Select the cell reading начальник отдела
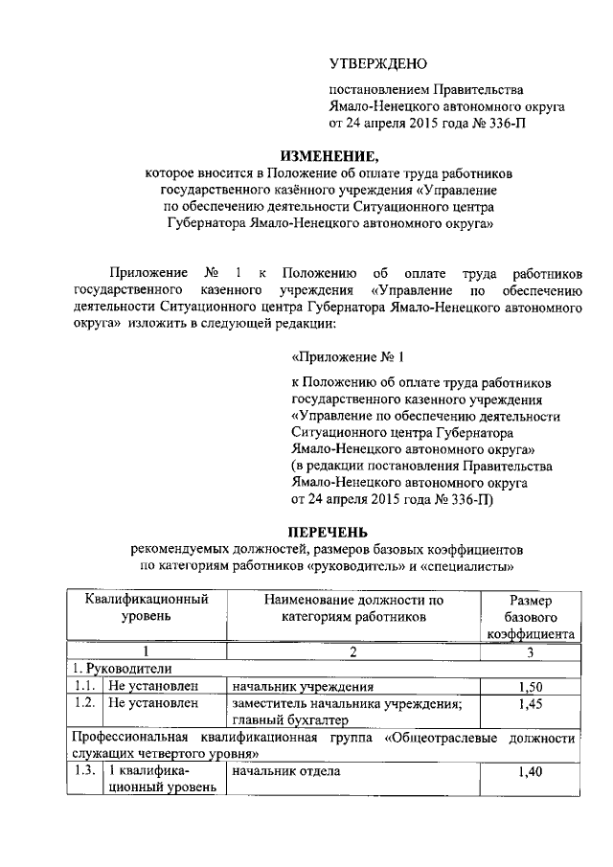(272, 771)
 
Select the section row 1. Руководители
(121, 670)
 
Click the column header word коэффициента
(531, 634)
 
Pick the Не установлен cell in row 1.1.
(152, 687)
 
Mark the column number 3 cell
(530, 652)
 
